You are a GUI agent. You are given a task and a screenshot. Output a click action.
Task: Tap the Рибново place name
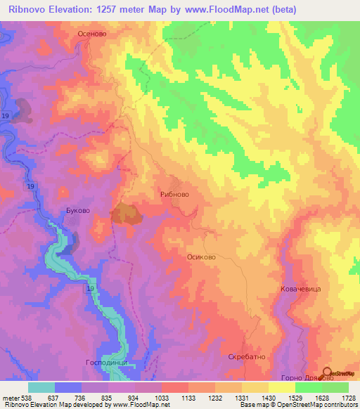pyautogui.click(x=175, y=194)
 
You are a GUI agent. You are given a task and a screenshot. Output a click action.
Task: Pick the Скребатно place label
pyautogui.click(x=245, y=357)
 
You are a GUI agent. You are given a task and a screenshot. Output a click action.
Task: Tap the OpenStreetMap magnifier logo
pyautogui.click(x=327, y=372)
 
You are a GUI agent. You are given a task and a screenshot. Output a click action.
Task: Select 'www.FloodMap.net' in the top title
pyautogui.click(x=225, y=9)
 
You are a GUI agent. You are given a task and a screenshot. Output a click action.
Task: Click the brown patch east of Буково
pyautogui.click(x=125, y=214)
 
